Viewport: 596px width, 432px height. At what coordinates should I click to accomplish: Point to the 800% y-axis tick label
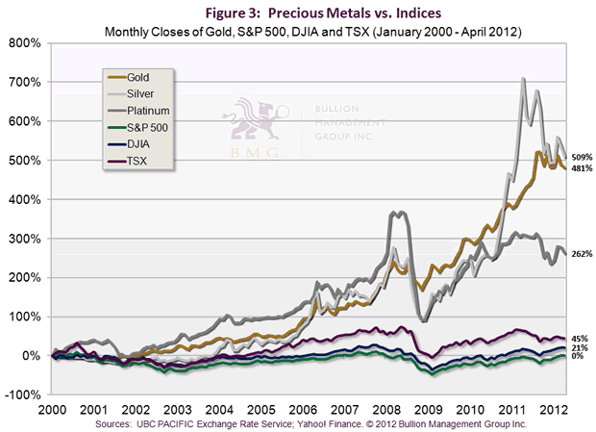coord(24,43)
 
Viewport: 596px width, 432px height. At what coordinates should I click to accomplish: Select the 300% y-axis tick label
coord(24,239)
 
